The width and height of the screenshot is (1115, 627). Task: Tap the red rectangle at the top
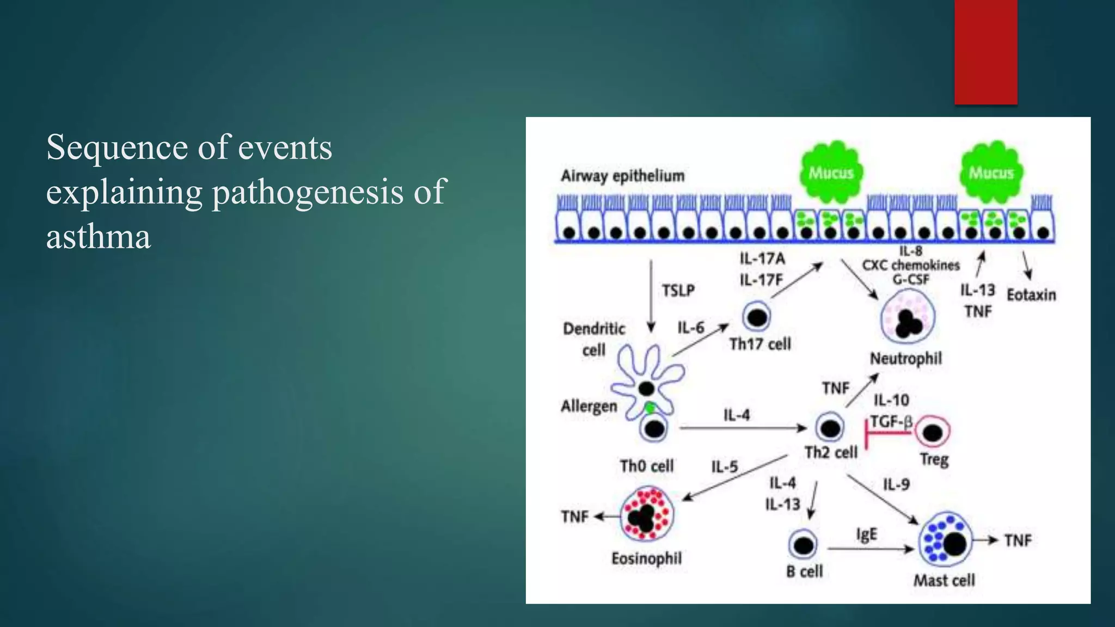pyautogui.click(x=985, y=52)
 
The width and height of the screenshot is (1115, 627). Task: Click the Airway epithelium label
pyautogui.click(x=622, y=176)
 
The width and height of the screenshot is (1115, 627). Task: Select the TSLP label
pyautogui.click(x=678, y=291)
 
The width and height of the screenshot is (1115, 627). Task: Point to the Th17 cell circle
pyautogui.click(x=757, y=317)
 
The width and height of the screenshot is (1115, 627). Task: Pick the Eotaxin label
pyautogui.click(x=1031, y=295)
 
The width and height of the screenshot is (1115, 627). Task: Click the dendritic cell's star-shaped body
pyautogui.click(x=645, y=381)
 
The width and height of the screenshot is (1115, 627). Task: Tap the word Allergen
pyautogui.click(x=589, y=406)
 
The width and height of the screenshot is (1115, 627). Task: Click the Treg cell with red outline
pyautogui.click(x=933, y=432)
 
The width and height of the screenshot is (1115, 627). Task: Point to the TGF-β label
pyautogui.click(x=891, y=422)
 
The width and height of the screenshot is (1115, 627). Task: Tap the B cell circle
pyautogui.click(x=803, y=544)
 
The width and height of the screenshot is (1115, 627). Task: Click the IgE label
pyautogui.click(x=866, y=534)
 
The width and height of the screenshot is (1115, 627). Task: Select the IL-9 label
pyautogui.click(x=896, y=484)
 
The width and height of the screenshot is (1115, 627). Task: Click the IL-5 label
pyautogui.click(x=724, y=467)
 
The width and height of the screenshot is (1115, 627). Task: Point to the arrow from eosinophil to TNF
pyautogui.click(x=606, y=517)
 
